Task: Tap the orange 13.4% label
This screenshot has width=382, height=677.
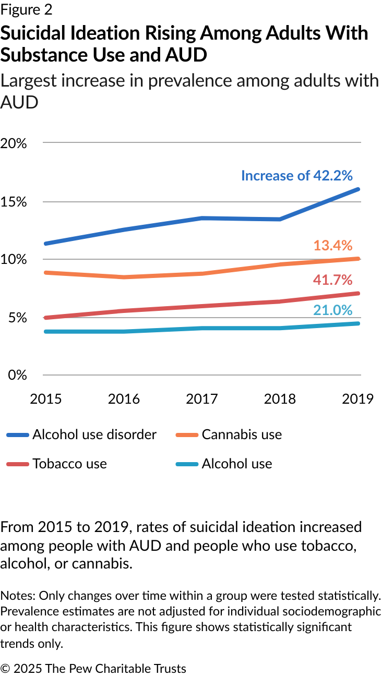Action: pos(333,246)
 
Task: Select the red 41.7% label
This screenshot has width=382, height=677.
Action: pos(333,280)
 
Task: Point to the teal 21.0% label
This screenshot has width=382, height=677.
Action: pos(333,310)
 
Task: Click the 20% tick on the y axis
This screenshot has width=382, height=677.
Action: pos(14,143)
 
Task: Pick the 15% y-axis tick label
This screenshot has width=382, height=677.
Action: pos(14,202)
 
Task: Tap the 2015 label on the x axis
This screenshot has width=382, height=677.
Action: pos(46,399)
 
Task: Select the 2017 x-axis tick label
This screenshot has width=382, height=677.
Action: pos(202,399)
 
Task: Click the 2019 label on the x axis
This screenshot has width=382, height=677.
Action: pos(358,399)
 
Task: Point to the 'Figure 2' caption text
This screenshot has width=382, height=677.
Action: pos(27,10)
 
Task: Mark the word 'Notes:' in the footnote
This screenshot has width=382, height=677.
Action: pos(15,596)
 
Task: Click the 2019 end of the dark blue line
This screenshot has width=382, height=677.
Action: pos(359,189)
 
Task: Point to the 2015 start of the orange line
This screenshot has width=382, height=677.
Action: pos(46,272)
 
